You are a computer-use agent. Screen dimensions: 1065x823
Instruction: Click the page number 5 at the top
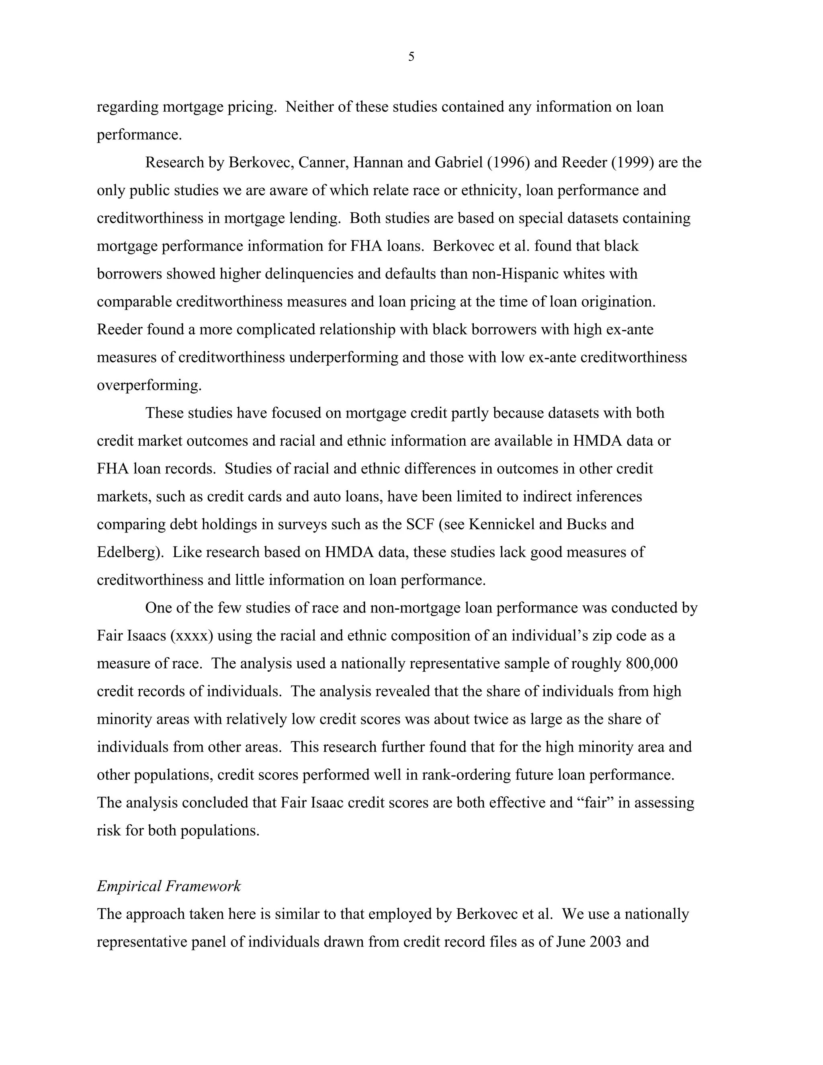click(411, 57)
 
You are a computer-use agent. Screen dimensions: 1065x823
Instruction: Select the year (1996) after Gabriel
click(508, 162)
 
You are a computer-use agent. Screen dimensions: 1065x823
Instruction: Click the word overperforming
click(149, 385)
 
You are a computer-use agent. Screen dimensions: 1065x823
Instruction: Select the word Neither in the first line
click(309, 107)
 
